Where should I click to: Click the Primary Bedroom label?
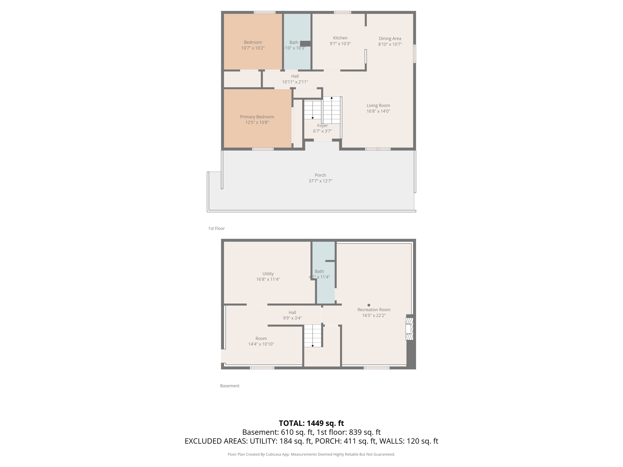click(257, 117)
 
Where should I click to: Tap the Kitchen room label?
click(340, 38)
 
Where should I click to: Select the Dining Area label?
click(390, 39)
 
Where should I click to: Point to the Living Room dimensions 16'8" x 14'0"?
click(378, 111)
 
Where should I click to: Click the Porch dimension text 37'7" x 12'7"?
click(320, 181)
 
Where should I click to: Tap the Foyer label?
click(322, 126)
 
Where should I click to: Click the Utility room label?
click(268, 274)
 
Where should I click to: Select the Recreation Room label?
click(374, 310)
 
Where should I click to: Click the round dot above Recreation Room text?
click(369, 305)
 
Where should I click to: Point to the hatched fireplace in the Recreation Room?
click(409, 329)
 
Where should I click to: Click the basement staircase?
click(313, 336)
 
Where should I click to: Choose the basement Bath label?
click(319, 271)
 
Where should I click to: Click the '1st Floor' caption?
click(216, 228)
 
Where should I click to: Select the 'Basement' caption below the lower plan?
click(230, 386)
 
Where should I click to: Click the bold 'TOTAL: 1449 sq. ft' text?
click(311, 423)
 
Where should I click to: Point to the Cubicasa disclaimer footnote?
click(311, 455)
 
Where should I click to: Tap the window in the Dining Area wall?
click(414, 54)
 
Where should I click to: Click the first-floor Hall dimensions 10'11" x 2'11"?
click(295, 82)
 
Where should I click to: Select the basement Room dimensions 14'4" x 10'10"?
click(261, 344)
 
